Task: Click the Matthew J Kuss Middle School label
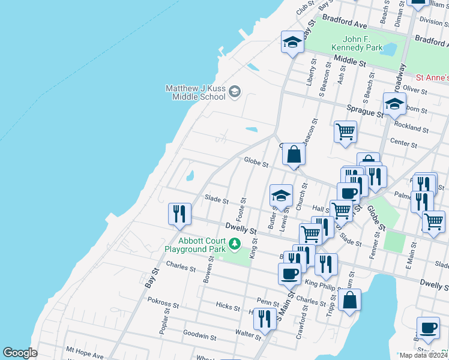point(196,92)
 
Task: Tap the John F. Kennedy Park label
point(358,43)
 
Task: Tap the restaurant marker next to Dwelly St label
point(179,215)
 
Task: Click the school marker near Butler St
point(281,195)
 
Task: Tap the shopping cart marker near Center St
point(345,131)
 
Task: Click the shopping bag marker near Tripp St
point(350,299)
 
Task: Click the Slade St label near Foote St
point(217,199)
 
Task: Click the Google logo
point(20,353)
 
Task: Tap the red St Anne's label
point(432,78)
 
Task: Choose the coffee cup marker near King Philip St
point(289,274)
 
